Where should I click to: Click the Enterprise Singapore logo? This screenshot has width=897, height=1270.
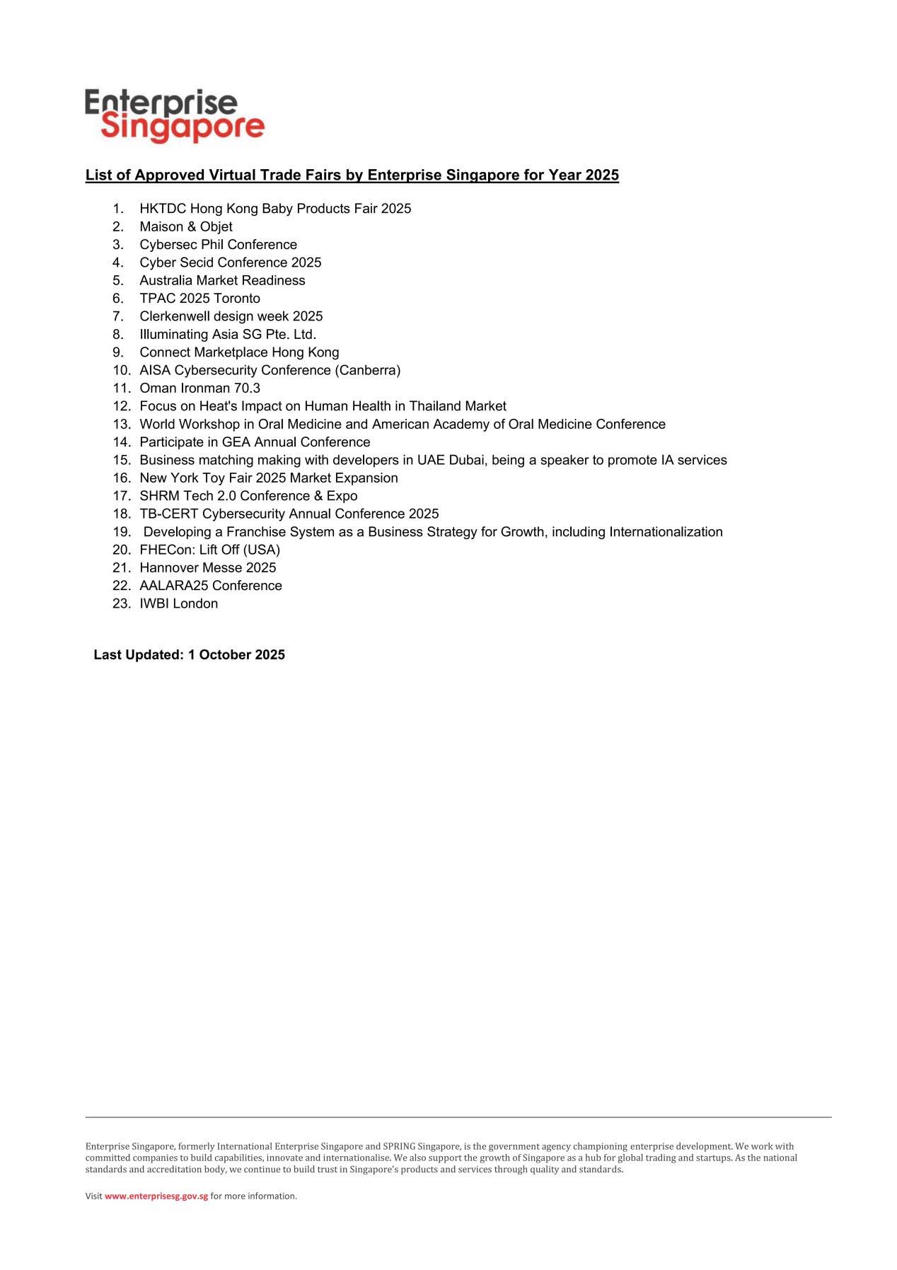point(174,115)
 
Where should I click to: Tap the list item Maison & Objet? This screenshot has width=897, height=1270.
point(186,226)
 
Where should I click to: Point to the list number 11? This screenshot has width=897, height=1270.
point(121,388)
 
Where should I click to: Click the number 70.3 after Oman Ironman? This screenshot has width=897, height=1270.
point(247,388)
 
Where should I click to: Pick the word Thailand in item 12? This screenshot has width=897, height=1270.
point(435,406)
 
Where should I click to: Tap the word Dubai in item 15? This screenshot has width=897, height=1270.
point(467,460)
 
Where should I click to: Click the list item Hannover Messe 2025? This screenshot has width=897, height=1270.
point(208,567)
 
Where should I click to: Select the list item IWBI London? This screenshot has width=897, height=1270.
point(179,604)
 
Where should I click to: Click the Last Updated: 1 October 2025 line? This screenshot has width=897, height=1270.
point(189,655)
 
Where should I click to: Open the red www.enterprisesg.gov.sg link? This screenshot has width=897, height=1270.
point(156,1196)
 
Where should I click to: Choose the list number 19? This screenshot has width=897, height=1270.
point(121,532)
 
